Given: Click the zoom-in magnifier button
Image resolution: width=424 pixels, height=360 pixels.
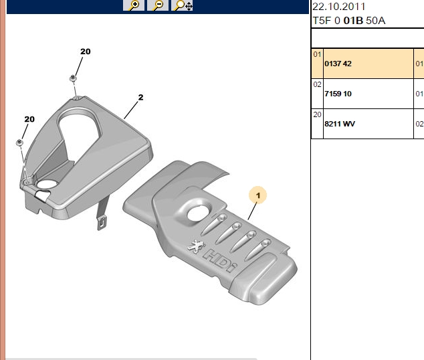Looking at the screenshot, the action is pos(133,5).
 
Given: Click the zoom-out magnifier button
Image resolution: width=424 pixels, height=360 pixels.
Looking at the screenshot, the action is pos(158,5).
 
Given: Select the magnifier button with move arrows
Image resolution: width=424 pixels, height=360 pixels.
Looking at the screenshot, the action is pos(183,5).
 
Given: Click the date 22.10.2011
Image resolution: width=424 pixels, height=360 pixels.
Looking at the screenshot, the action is pos(339,7).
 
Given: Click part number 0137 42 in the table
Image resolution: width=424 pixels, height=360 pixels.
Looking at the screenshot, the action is pos(338,64).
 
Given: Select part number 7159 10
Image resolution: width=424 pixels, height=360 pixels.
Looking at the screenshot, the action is pos(338,94).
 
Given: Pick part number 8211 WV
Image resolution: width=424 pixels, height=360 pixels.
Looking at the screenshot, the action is pos(340,124).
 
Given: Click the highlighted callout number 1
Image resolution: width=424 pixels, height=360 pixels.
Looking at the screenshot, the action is pos(258,195).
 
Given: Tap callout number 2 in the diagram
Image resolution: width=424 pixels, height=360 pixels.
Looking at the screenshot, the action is pos(140,98).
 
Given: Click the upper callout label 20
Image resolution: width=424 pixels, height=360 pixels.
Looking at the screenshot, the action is pos(86,52).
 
